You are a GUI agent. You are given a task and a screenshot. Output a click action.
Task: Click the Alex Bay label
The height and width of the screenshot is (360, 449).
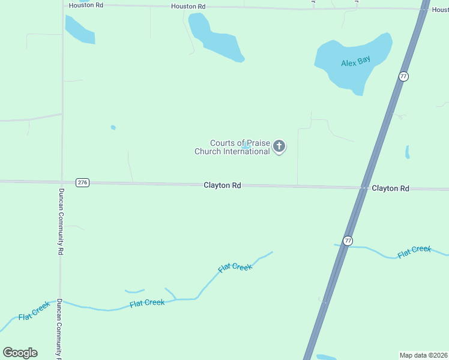click(x=355, y=61)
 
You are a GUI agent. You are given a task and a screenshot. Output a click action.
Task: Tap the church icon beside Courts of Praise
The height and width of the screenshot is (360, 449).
click(x=279, y=146)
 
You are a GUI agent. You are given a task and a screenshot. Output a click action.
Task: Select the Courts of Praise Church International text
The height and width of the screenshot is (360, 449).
click(x=232, y=147)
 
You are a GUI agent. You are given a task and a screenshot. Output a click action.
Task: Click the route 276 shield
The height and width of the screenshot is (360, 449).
click(x=83, y=182)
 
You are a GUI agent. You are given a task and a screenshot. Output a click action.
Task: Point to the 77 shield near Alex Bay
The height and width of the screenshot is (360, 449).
click(x=403, y=76)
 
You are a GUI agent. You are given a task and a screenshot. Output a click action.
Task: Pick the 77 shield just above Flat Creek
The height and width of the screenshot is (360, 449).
click(x=348, y=241)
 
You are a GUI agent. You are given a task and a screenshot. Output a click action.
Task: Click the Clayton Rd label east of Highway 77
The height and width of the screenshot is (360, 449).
click(x=390, y=188)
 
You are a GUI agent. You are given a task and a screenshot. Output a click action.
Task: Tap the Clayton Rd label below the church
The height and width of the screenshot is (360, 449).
click(x=222, y=186)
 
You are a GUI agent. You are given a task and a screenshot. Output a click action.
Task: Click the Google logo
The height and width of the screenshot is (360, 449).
click(x=20, y=352)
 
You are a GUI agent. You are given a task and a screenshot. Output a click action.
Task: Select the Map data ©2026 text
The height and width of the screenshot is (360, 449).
click(x=424, y=355)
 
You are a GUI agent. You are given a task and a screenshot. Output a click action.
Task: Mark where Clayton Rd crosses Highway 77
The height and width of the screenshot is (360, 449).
click(x=364, y=188)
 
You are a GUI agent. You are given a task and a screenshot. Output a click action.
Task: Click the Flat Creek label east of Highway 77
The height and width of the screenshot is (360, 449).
click(x=414, y=252)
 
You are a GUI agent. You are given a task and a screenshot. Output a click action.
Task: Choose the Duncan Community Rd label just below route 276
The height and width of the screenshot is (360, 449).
click(x=61, y=222)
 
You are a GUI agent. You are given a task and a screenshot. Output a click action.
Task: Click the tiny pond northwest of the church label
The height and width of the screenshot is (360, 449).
click(x=113, y=127)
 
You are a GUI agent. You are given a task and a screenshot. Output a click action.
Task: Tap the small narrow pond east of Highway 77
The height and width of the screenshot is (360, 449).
click(x=407, y=152)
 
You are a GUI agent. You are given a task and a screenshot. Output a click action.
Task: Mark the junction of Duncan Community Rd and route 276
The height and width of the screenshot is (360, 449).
click(x=62, y=182)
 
